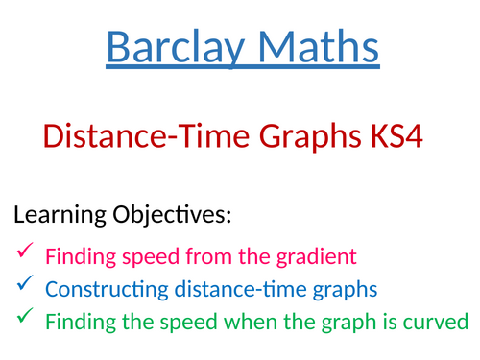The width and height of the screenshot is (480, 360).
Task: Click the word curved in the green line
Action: coord(438,320)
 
